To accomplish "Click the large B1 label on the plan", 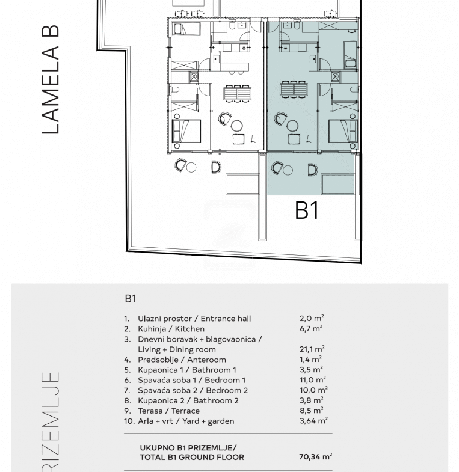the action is coord(307,210).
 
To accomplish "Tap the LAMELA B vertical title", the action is coord(51,79).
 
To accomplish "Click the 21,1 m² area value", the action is coord(312,349).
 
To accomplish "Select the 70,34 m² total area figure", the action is coord(315,456).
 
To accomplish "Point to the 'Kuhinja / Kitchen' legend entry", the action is coord(171,329).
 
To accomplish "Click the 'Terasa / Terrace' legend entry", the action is coord(168,411).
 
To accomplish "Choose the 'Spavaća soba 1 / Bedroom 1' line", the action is coord(191,380).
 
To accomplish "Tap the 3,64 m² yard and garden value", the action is coord(313,421).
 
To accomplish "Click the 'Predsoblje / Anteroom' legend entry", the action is coord(182,360).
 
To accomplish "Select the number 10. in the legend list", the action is coord(129,421).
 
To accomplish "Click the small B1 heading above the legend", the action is coord(131,299).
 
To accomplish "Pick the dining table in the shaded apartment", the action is coord(294,90).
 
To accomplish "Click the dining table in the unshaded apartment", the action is coord(238,93).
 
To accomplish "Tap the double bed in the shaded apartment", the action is coord(343,131).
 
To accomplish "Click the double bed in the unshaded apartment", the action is coord(186,131).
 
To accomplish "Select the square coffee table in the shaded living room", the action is coord(294,139).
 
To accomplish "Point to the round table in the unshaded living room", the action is coord(237,126).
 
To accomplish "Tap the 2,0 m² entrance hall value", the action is coord(312,318).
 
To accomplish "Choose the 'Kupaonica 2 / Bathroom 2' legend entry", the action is coord(188,400).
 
